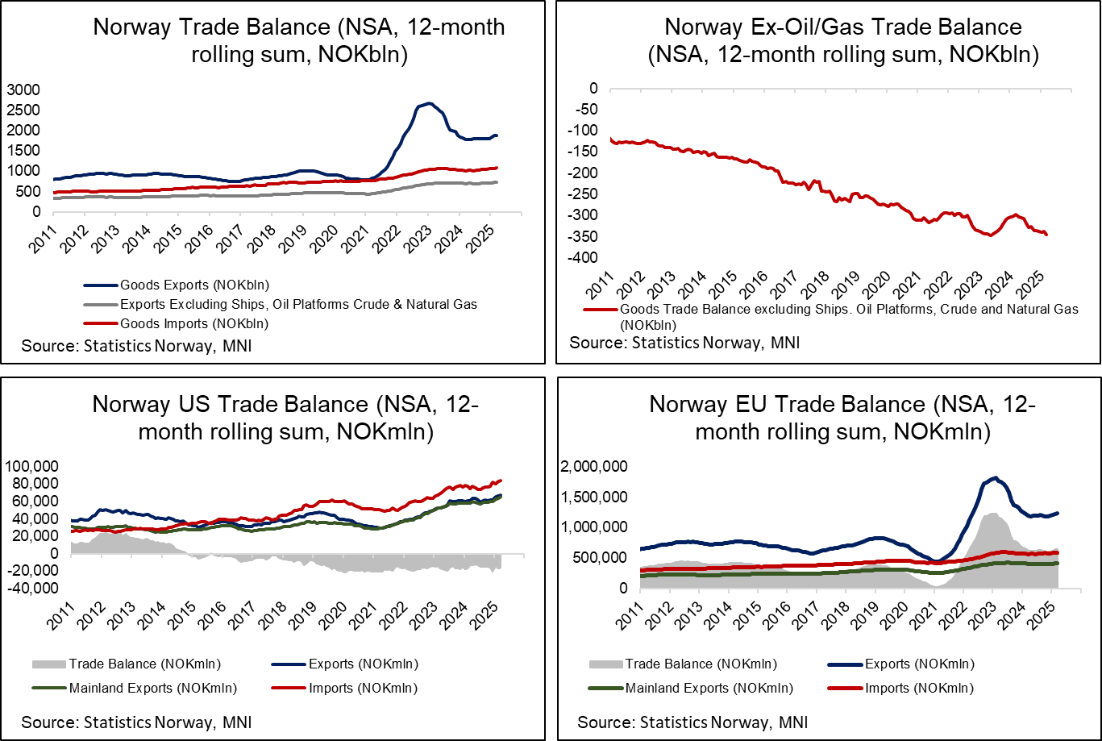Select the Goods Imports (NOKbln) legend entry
click(193, 323)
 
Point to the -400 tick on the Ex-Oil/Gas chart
click(584, 257)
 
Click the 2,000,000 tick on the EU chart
click(594, 465)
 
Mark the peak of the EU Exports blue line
click(996, 477)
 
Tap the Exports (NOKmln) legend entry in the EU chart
click(920, 664)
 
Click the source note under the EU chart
click(692, 720)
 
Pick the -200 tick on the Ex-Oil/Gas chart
click(584, 173)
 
